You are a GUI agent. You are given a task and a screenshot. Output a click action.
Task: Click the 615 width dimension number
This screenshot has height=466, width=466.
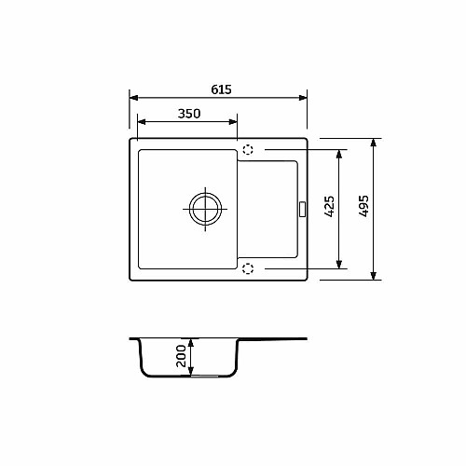tap(221, 89)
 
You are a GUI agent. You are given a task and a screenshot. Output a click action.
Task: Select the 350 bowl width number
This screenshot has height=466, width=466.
tap(189, 114)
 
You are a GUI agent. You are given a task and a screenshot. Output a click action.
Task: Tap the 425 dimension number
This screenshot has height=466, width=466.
tap(329, 206)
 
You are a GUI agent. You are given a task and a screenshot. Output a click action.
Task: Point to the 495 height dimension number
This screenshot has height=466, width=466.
tap(363, 206)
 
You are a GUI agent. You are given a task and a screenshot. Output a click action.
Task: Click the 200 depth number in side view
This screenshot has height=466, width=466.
tap(181, 356)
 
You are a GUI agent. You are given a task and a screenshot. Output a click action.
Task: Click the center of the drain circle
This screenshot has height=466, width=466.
tap(205, 209)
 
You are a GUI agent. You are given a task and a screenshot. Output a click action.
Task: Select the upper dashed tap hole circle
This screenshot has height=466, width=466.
tap(248, 150)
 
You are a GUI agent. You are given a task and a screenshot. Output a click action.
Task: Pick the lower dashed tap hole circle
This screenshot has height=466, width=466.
tap(248, 268)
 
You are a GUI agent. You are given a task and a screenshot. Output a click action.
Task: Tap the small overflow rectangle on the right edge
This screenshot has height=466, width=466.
tap(302, 209)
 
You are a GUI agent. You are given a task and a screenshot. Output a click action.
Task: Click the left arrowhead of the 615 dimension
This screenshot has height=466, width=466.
tap(133, 98)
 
